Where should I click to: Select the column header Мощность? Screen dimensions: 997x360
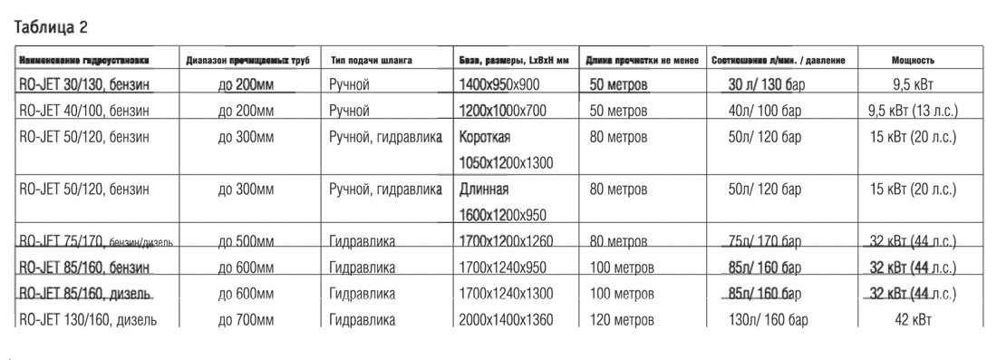913,61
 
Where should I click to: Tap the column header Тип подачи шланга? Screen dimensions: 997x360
372,61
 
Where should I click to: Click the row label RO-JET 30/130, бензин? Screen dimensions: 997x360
85,86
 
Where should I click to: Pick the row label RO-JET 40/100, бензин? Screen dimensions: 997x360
85,112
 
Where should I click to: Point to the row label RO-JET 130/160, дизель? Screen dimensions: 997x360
88,320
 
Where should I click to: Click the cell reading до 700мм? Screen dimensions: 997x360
246,320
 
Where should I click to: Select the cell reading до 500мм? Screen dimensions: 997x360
246,242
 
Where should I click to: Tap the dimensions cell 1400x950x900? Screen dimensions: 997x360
512,86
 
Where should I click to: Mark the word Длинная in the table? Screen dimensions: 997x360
485,190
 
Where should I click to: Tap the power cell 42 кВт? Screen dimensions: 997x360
913,320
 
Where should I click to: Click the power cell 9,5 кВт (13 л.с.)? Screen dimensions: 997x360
913,112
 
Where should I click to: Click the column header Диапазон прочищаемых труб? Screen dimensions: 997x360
247,61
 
